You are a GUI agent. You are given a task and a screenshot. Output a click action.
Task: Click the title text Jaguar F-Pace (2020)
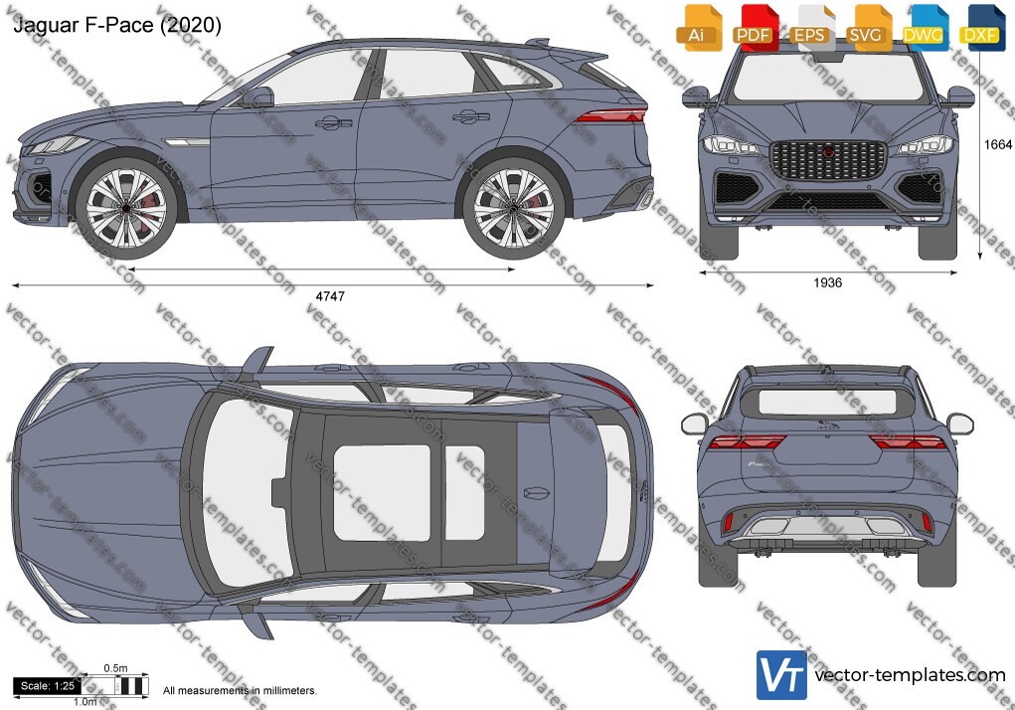(117, 25)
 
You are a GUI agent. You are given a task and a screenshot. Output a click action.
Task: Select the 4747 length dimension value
(330, 296)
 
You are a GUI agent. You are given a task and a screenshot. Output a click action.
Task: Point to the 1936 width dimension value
(827, 282)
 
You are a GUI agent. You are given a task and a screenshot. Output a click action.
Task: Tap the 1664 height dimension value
(997, 144)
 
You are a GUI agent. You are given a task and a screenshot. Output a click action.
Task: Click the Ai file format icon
(699, 28)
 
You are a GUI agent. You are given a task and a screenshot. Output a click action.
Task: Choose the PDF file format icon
(755, 28)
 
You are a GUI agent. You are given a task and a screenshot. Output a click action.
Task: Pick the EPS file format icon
(811, 28)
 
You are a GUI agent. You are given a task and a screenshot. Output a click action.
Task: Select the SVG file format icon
(868, 28)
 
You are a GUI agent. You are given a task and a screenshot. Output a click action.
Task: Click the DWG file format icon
(924, 28)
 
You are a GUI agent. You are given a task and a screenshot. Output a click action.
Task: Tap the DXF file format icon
(981, 28)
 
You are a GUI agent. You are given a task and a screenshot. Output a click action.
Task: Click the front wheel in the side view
(126, 209)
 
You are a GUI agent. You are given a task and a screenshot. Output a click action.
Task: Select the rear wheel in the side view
(514, 209)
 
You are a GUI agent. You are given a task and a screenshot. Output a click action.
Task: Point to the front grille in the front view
(828, 160)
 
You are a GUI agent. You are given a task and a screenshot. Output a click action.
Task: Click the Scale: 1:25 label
(48, 686)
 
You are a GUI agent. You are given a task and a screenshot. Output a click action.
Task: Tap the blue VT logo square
(781, 675)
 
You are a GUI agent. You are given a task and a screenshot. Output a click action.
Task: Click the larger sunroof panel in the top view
(382, 492)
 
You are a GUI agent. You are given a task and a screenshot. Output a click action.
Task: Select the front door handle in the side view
(333, 122)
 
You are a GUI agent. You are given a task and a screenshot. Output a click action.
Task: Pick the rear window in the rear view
(827, 403)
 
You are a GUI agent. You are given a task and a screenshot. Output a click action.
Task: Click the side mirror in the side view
(257, 97)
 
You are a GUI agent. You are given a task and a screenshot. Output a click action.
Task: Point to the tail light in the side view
(610, 116)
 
